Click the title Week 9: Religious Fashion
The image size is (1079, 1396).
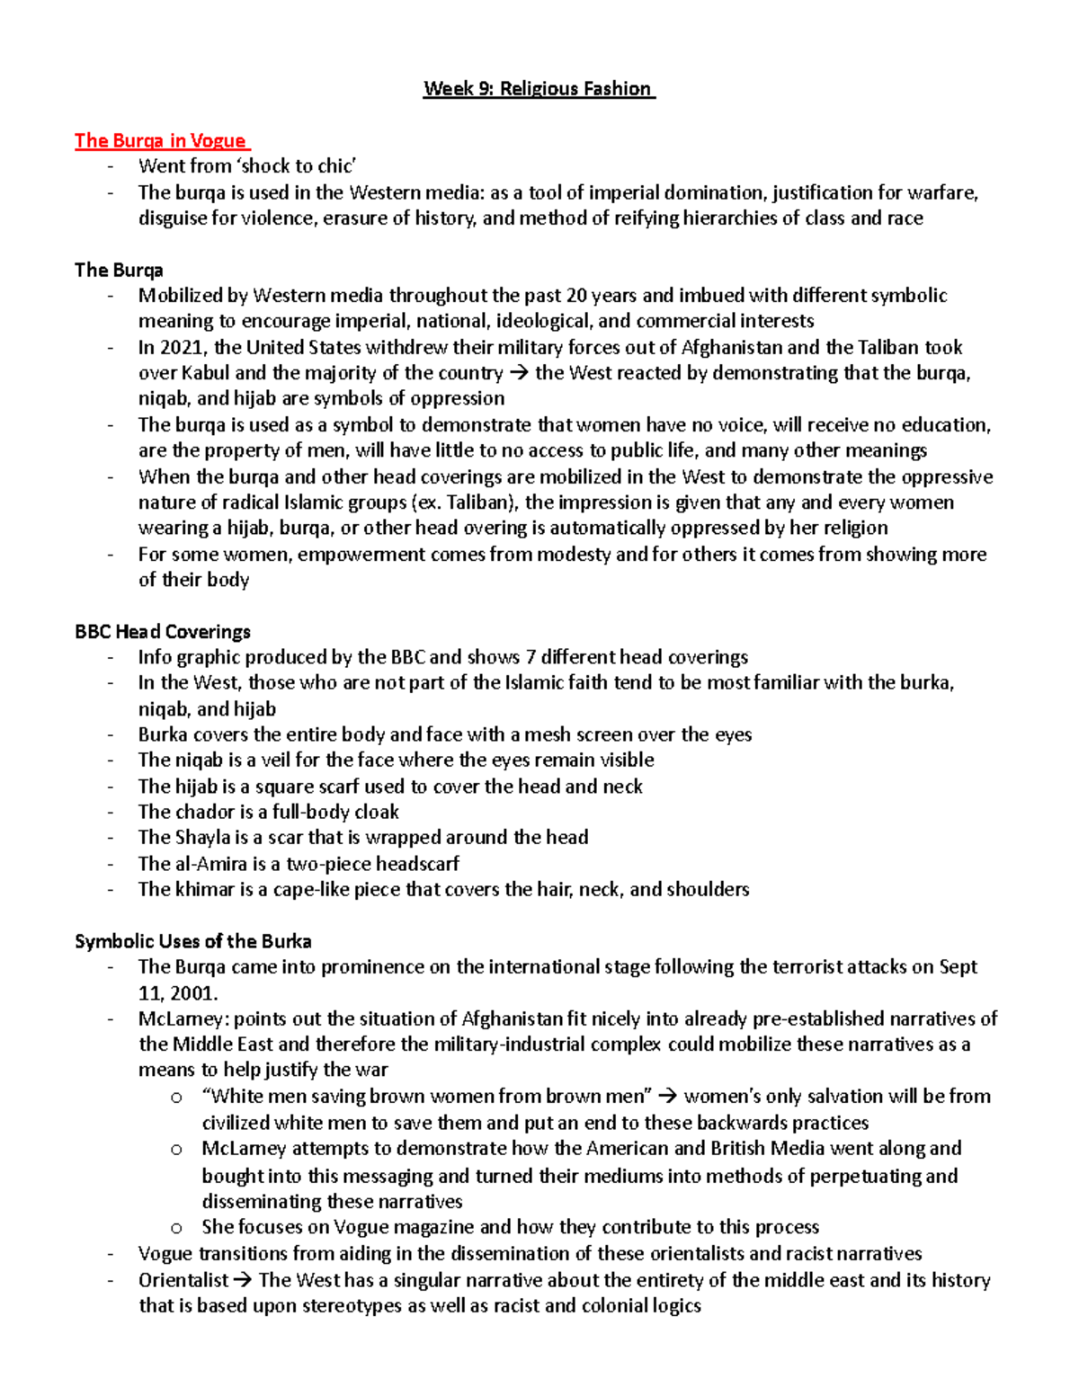[538, 88]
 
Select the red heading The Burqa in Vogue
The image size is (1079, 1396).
[160, 140]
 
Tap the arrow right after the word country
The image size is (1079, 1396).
[519, 373]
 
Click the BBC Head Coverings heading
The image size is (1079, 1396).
[163, 632]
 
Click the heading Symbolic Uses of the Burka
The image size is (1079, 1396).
[193, 942]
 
